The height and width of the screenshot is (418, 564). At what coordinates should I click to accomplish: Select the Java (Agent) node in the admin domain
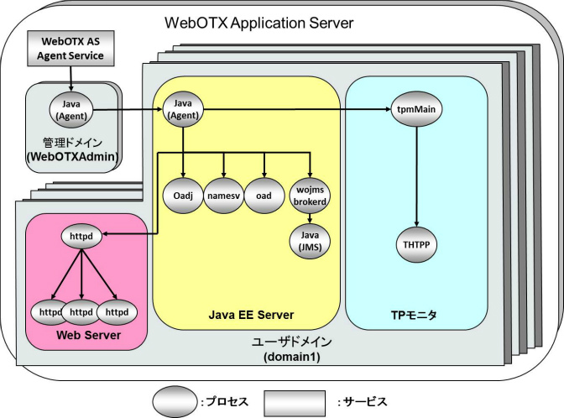(x=70, y=108)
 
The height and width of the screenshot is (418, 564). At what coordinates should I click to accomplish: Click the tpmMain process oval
(x=417, y=110)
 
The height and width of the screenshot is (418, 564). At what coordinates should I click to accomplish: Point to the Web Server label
(x=86, y=336)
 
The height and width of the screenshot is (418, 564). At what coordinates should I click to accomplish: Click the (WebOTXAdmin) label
(x=70, y=156)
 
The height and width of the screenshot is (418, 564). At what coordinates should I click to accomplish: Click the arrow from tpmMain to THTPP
(x=417, y=177)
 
